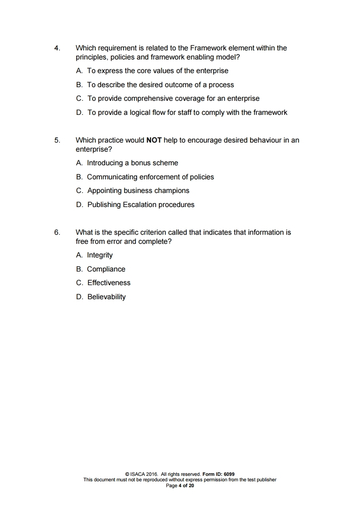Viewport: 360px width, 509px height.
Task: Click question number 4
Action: click(57, 48)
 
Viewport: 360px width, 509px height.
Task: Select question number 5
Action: click(57, 140)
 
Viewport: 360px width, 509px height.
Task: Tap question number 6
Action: click(57, 232)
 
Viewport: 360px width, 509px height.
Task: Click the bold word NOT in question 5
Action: click(154, 140)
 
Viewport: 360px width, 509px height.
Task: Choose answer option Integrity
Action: click(100, 255)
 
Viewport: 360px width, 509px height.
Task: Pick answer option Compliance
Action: click(106, 269)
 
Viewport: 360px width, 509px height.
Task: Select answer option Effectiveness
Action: click(108, 282)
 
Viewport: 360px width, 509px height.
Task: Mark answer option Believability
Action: click(106, 297)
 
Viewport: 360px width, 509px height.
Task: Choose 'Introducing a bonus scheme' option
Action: click(132, 163)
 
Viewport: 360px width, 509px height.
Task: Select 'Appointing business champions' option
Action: click(138, 190)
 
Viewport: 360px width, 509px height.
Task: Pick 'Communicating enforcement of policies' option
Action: click(150, 177)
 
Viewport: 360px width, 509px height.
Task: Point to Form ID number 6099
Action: click(229, 474)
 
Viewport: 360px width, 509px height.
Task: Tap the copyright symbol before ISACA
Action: click(127, 474)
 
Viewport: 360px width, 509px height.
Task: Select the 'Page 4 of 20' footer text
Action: click(180, 485)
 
